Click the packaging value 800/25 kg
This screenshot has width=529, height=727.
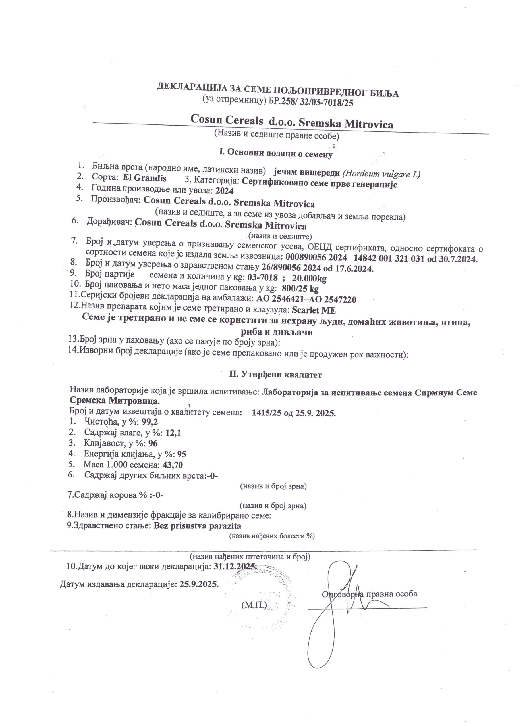[x=300, y=289]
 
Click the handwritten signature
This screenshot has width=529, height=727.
[x=340, y=609]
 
